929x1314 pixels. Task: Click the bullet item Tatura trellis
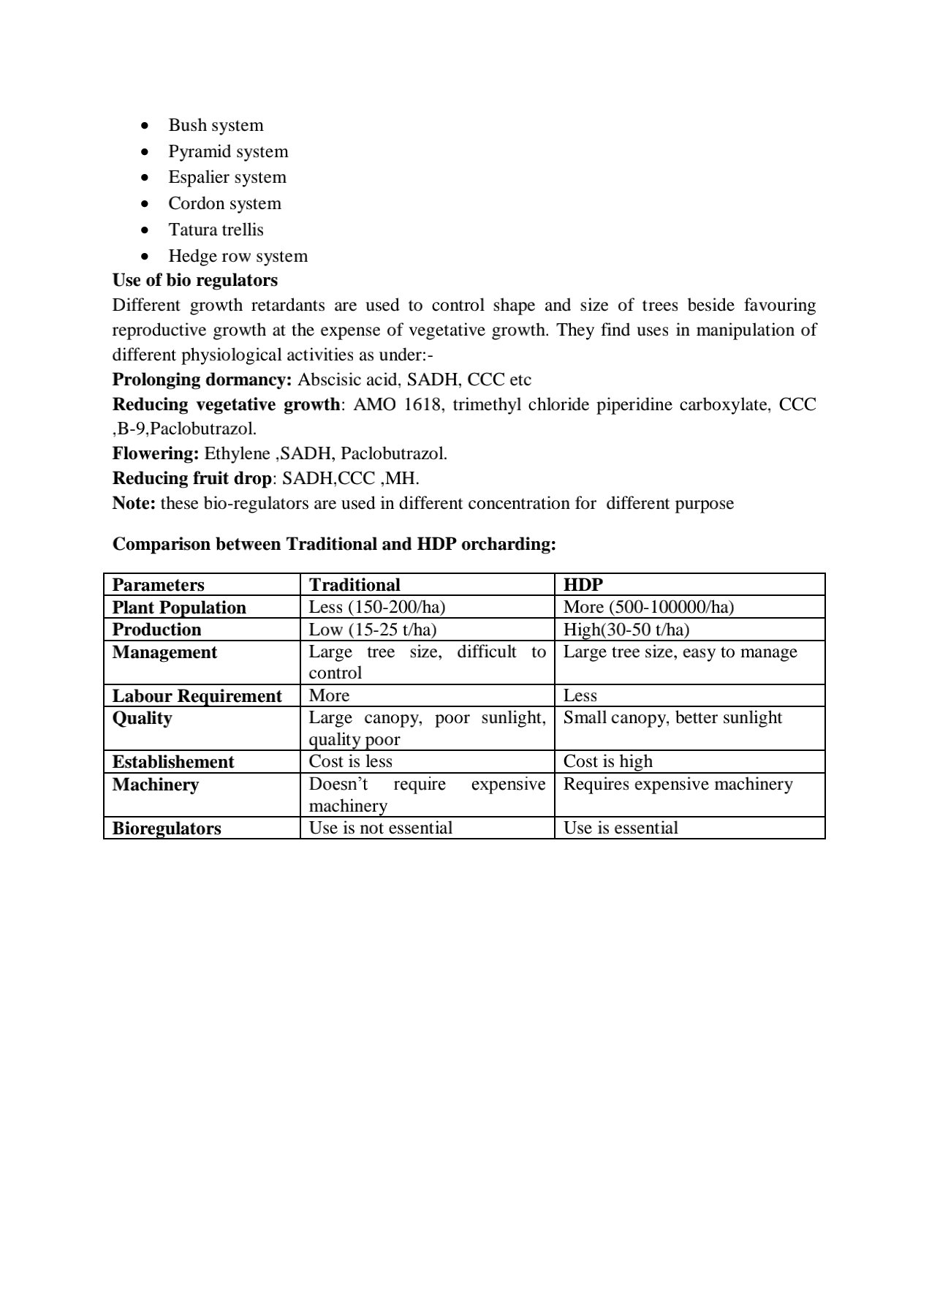[216, 230]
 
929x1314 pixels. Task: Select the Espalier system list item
[227, 177]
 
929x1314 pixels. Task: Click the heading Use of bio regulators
[194, 280]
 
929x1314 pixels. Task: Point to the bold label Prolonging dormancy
[202, 380]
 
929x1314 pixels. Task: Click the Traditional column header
[354, 584]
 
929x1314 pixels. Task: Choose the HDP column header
[583, 584]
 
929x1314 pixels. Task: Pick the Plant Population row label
[179, 608]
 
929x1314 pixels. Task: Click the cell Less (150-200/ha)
[376, 607]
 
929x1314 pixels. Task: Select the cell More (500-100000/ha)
[648, 607]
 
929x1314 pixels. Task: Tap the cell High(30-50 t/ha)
[626, 630]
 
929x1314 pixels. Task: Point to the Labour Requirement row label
[197, 696]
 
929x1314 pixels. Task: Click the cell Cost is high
[607, 761]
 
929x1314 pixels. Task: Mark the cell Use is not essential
[380, 828]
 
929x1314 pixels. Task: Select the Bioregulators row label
[167, 828]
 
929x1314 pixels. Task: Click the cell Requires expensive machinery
[678, 784]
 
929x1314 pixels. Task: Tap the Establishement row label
[172, 762]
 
